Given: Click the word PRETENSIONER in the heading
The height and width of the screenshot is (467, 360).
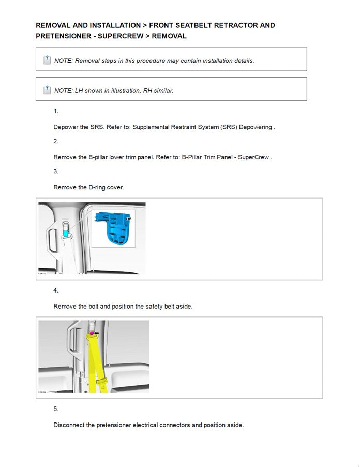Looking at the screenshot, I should click(61, 36).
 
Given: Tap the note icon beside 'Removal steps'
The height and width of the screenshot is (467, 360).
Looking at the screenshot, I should click(47, 60).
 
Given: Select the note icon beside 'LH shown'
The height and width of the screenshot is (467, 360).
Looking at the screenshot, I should click(47, 90).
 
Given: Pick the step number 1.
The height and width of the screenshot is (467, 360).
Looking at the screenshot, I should click(56, 111).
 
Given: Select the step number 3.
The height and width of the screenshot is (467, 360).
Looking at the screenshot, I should click(56, 171).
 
